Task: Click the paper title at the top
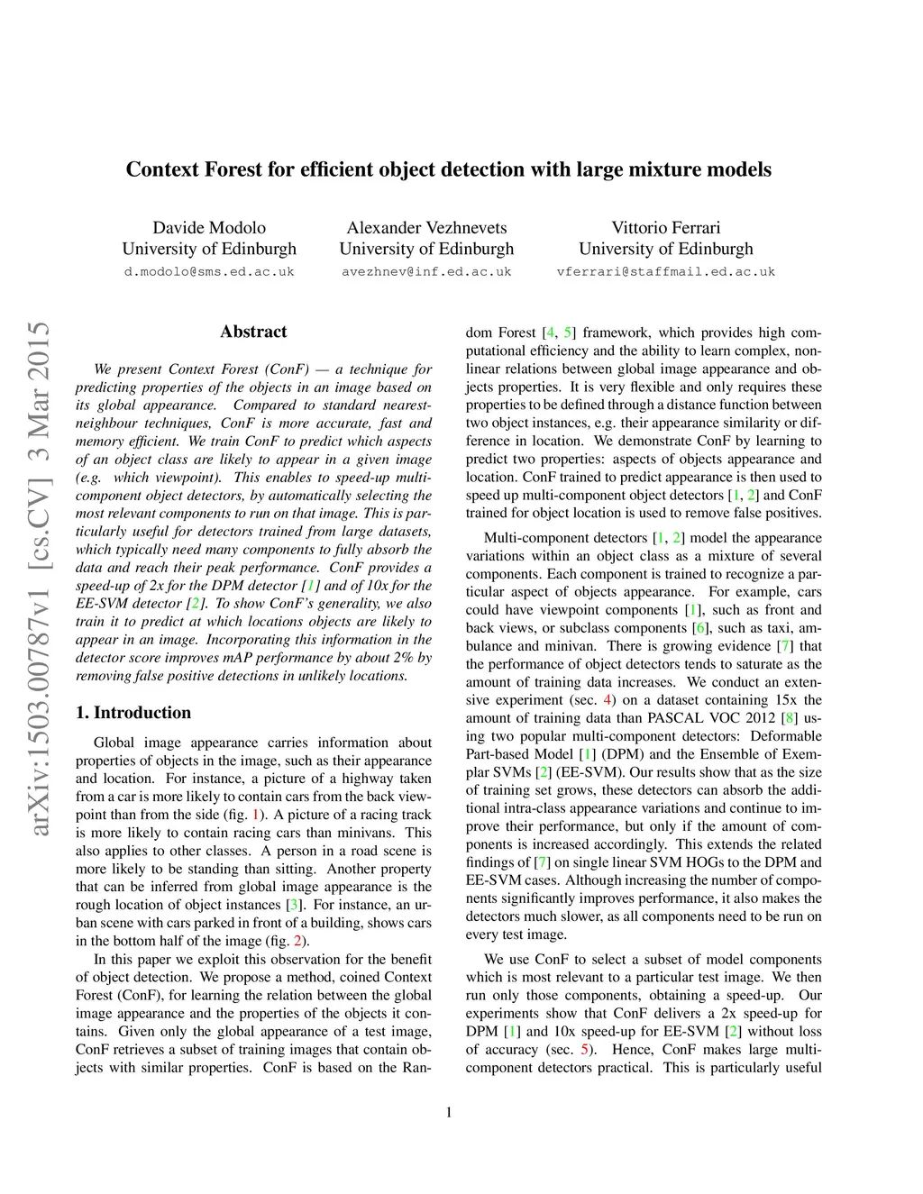click(x=448, y=169)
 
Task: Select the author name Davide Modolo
click(x=209, y=227)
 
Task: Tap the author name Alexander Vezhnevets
click(x=426, y=227)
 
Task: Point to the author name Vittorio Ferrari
click(x=665, y=227)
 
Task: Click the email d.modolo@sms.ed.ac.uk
click(x=209, y=271)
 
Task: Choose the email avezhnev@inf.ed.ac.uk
click(x=426, y=271)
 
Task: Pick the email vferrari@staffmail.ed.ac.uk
click(x=665, y=271)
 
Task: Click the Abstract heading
click(x=253, y=332)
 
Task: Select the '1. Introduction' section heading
click(x=133, y=713)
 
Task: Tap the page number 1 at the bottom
click(x=448, y=1112)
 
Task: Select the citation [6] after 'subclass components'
click(x=699, y=628)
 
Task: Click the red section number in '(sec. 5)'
click(x=586, y=1049)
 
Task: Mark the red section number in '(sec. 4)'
click(x=608, y=700)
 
